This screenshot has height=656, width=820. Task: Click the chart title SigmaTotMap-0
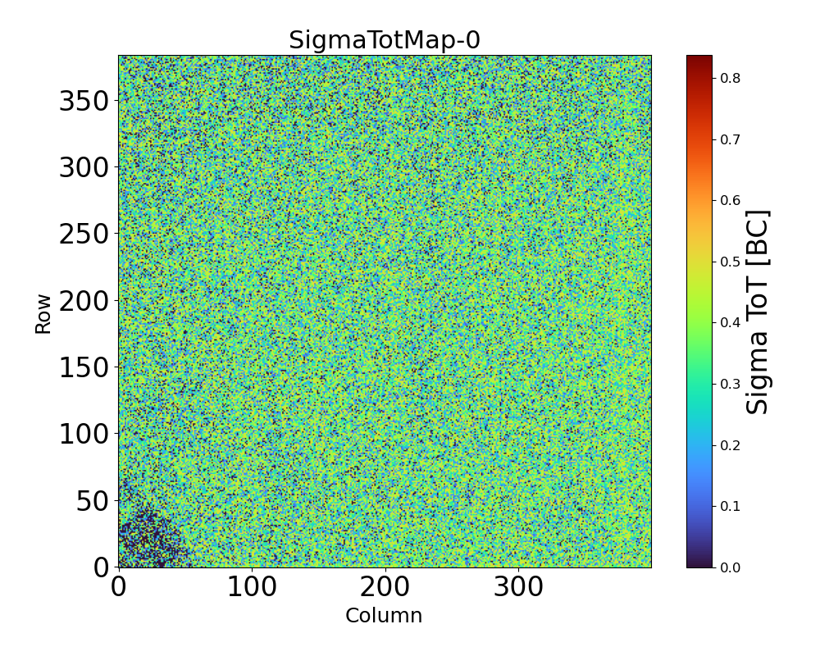384,40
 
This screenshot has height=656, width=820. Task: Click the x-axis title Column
384,616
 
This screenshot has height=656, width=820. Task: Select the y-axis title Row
43,314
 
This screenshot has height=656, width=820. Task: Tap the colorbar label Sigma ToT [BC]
758,312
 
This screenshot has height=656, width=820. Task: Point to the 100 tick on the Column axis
252,587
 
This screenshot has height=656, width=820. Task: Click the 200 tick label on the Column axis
385,587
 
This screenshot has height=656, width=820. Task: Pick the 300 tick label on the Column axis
518,587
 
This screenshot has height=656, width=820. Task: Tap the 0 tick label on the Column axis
119,587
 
